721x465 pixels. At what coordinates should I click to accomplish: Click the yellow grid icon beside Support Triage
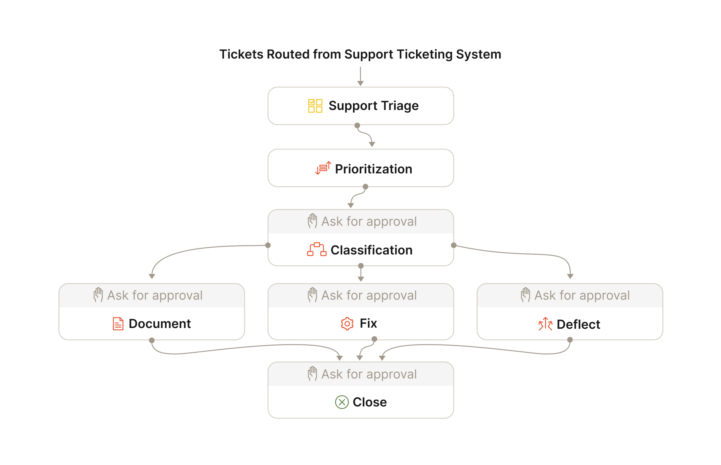[x=315, y=106]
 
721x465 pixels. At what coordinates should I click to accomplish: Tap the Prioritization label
[x=374, y=169]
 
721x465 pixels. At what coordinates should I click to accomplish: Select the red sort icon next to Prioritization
[x=323, y=168]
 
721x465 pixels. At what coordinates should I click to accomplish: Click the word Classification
[x=371, y=250]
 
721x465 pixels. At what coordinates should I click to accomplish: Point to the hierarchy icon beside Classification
[x=317, y=250]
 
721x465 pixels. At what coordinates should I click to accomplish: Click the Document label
[x=160, y=324]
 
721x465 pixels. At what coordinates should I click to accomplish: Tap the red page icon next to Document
[x=118, y=324]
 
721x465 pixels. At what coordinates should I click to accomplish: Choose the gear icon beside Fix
[x=347, y=324]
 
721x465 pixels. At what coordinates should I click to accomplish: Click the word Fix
[x=368, y=323]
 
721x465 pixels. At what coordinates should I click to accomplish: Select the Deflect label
[x=578, y=324]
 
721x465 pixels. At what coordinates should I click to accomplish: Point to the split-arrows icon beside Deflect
[x=545, y=324]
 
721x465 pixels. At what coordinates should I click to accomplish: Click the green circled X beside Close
[x=342, y=402]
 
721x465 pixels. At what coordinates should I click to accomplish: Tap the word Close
[x=370, y=402]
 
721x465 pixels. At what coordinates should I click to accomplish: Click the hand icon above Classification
[x=312, y=221]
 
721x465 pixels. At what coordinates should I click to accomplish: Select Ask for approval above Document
[x=155, y=295]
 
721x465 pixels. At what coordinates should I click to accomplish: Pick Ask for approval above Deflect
[x=582, y=295]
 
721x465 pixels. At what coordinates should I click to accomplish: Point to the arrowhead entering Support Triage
[x=360, y=83]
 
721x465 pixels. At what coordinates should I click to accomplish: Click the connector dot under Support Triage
[x=357, y=125]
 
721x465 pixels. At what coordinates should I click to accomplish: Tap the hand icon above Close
[x=312, y=374]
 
